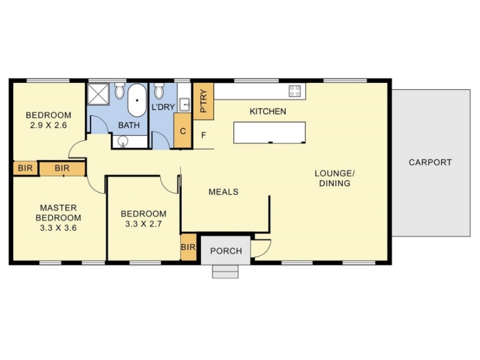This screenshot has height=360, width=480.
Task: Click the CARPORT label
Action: (x=430, y=162)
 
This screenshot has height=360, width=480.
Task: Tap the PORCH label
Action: (x=226, y=251)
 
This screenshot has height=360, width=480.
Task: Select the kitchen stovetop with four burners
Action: (x=295, y=91)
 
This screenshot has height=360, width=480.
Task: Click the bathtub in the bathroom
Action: (x=137, y=100)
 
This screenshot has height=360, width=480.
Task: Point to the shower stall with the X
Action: (x=98, y=94)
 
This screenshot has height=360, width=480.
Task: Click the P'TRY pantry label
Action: (x=203, y=101)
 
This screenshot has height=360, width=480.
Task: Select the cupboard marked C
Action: (x=183, y=131)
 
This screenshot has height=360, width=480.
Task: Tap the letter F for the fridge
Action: (x=203, y=135)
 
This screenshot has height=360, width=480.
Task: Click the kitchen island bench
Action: (x=269, y=133)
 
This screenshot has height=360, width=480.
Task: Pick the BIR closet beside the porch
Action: (x=188, y=247)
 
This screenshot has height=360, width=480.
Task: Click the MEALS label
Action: (x=223, y=192)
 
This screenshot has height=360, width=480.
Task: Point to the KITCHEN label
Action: (x=268, y=112)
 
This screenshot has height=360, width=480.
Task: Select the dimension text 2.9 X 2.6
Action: (x=49, y=125)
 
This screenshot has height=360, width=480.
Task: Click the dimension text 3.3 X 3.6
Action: (x=58, y=228)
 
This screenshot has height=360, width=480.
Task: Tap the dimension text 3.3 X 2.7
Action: (x=143, y=224)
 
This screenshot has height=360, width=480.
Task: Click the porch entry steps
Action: (x=226, y=272)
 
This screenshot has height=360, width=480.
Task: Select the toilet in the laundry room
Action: (x=158, y=91)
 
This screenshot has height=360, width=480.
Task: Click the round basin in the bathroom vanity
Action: (x=123, y=141)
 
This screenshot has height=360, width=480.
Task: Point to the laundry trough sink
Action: (x=185, y=104)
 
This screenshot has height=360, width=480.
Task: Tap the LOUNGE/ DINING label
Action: (x=335, y=178)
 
